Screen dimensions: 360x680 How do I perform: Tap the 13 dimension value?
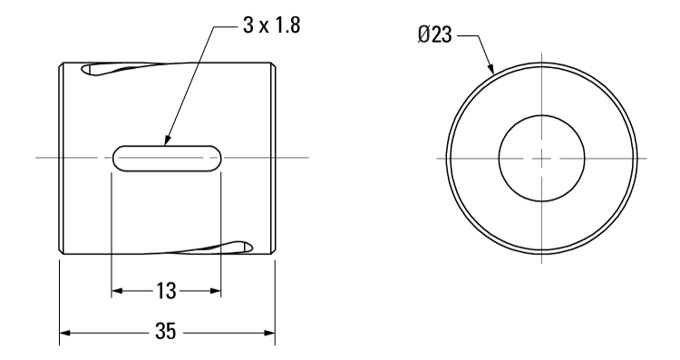pos(166,292)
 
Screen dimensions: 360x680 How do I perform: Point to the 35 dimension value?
pos(166,332)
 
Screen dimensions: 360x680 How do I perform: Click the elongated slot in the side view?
pos(167,157)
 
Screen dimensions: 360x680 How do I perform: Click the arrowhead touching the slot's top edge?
pos(166,140)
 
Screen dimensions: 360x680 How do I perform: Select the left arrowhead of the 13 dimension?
pos(117,292)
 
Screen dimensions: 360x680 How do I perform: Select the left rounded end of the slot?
pos(119,157)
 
